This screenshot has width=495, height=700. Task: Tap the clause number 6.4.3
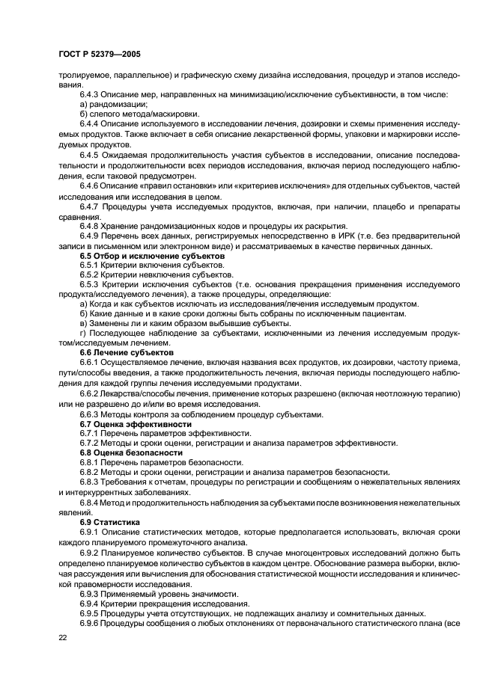(90, 94)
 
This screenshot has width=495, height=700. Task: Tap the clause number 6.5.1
(90, 265)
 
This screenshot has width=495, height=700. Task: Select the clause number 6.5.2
(90, 275)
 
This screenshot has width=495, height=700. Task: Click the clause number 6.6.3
(90, 414)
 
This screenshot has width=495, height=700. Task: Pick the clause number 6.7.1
(90, 434)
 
